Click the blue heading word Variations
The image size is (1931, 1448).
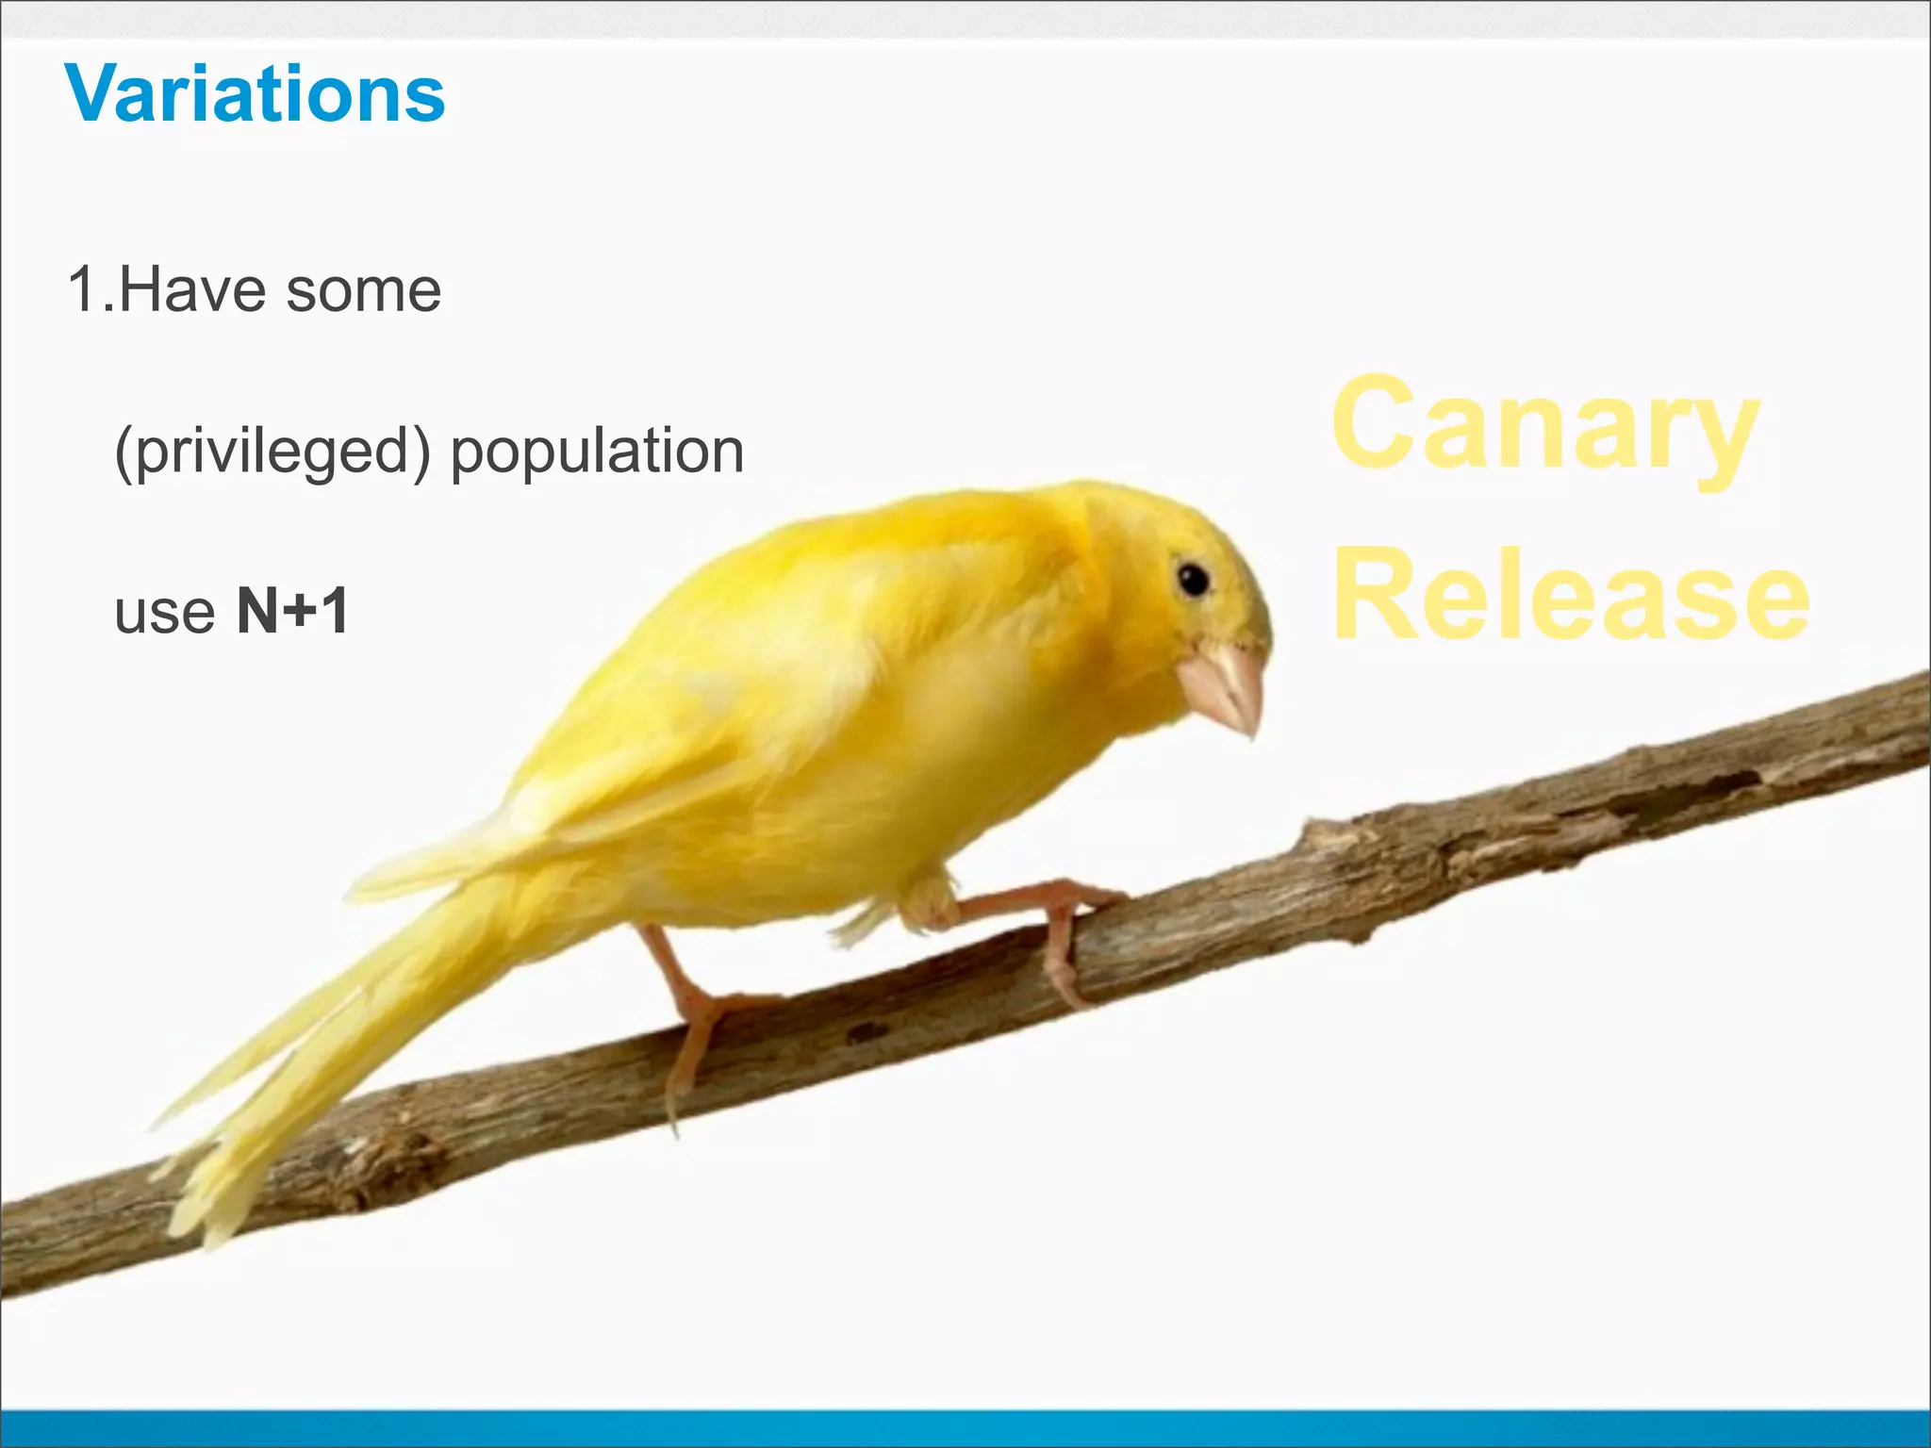[255, 94]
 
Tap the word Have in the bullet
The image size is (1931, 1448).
[192, 289]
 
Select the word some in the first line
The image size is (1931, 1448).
[363, 289]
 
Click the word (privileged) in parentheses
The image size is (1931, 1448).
[272, 452]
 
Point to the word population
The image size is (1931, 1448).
[597, 452]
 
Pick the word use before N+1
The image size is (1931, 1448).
[165, 613]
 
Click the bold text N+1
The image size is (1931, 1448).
[292, 611]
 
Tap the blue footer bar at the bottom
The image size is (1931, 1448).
[965, 1428]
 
